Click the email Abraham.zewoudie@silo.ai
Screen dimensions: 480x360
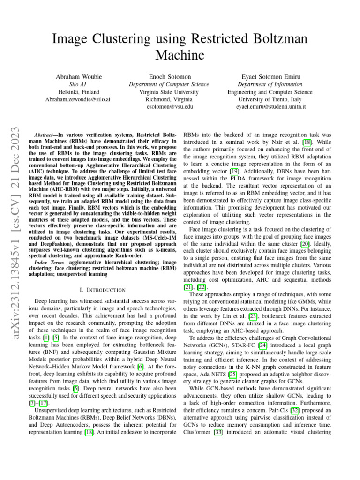point(78,100)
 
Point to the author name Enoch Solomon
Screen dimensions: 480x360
point(169,76)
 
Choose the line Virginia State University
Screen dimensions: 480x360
point(169,92)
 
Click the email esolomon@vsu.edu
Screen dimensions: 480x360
point(169,107)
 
